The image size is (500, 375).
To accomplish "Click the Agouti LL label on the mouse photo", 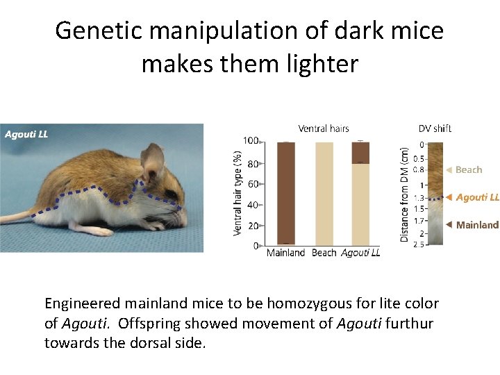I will pos(26,134).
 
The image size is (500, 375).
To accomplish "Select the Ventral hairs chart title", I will pos(324,128).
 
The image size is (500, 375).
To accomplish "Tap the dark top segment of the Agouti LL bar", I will pos(361,152).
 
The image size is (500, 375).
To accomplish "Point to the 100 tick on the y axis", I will pos(251,141).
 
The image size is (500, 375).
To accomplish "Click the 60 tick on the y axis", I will pos(253,184).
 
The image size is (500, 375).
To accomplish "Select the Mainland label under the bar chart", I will pos(285,253).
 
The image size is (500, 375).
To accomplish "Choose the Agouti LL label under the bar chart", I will pos(360,253).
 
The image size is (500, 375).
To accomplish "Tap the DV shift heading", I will pos(435,128).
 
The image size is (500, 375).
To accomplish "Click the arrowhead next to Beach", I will pos(449,169).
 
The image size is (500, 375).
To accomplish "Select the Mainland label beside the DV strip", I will pos(477,225).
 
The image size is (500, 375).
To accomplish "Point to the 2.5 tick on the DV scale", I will pos(420,244).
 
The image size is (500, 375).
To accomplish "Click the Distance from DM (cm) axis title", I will pos(405,193).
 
